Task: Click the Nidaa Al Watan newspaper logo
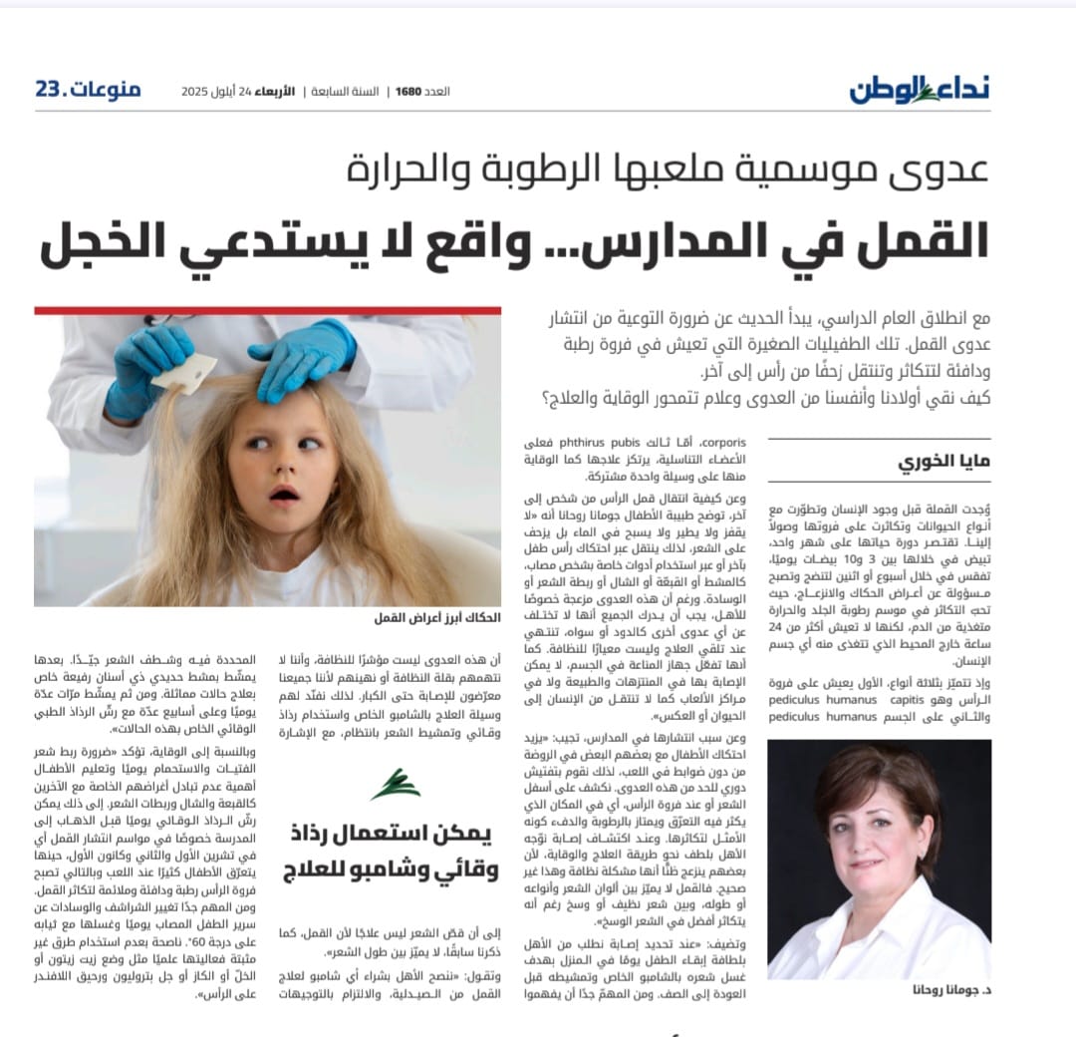tap(920, 89)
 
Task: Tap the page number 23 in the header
tap(50, 90)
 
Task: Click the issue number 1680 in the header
tap(408, 91)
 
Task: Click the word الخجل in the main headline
tap(100, 242)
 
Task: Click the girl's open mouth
tap(286, 493)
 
